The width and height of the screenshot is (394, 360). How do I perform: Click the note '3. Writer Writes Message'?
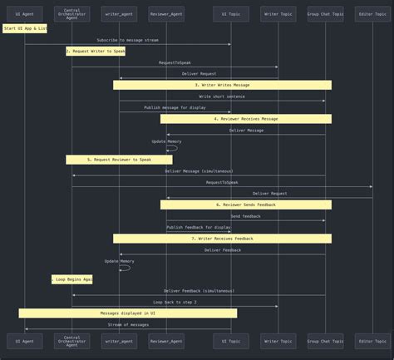click(222, 85)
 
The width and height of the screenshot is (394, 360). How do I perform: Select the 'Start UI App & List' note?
click(25, 28)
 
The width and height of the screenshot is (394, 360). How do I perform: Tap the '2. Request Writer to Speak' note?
click(96, 51)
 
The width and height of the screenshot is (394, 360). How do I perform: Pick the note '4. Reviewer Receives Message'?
click(246, 119)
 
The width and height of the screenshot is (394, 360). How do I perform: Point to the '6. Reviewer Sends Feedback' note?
click(246, 205)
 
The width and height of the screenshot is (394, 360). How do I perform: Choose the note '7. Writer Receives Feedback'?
click(222, 239)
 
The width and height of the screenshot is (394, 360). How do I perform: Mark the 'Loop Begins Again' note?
click(72, 279)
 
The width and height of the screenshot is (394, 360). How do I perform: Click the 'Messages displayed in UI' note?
click(128, 313)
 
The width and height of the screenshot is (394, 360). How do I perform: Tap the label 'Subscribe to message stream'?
click(127, 40)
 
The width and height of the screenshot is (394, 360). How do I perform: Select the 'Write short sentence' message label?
click(222, 96)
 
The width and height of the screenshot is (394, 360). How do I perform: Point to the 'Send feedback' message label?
click(245, 216)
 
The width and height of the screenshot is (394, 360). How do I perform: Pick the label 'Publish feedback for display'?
click(199, 227)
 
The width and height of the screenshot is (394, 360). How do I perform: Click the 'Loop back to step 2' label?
click(175, 303)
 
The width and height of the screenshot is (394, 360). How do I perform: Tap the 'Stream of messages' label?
click(128, 325)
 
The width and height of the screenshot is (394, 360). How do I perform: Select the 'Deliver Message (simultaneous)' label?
click(199, 171)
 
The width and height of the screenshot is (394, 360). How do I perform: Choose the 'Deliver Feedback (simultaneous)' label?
click(199, 291)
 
